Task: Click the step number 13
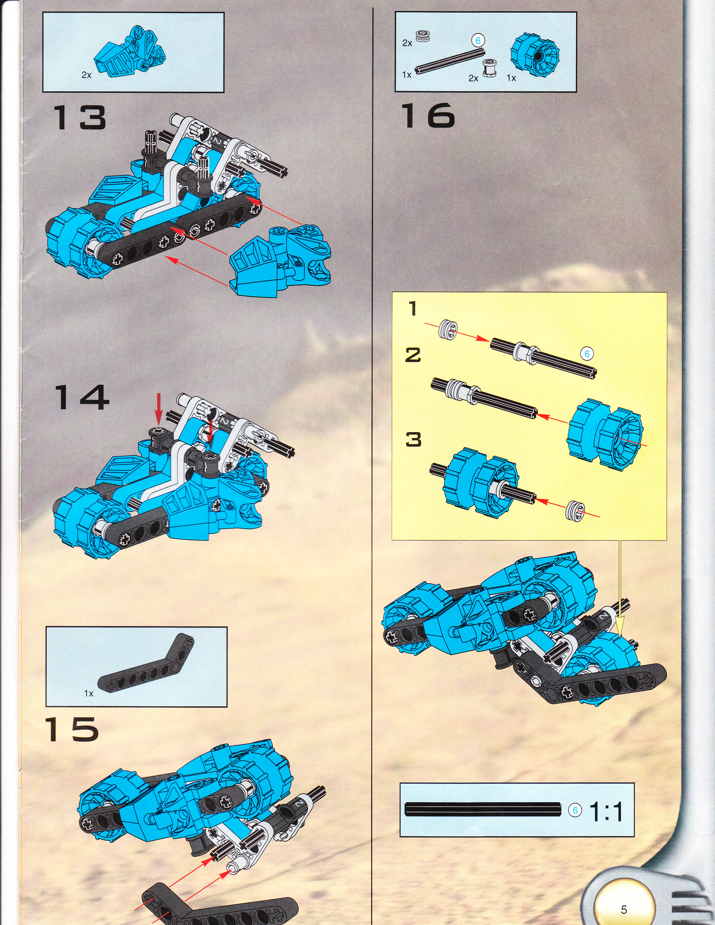coord(79,118)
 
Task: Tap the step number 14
coord(81,397)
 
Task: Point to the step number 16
coord(428,116)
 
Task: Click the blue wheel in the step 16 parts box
coord(535,55)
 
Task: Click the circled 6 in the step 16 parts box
coord(478,41)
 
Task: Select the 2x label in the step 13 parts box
coord(86,75)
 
